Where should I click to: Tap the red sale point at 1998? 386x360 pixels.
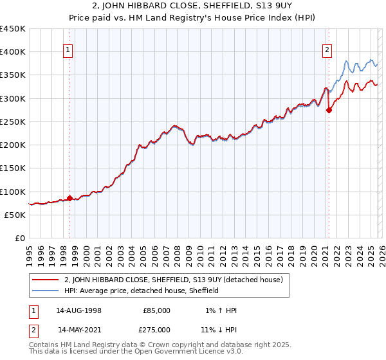(x=69, y=199)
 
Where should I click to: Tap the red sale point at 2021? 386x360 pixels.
(x=329, y=110)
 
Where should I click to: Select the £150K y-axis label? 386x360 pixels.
(x=13, y=168)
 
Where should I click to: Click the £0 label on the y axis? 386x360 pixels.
(x=20, y=239)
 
